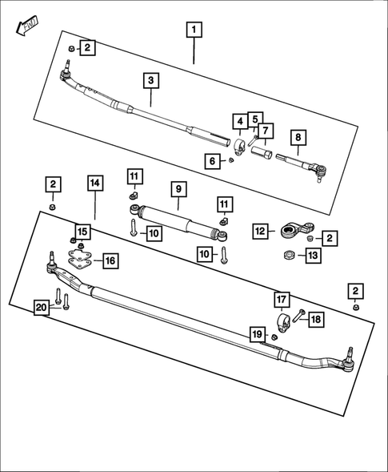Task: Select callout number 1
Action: pos(194,31)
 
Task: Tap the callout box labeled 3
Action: pos(151,80)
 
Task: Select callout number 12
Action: pos(260,232)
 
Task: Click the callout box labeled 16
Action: pos(109,260)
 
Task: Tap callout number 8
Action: pos(297,138)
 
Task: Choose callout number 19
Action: pos(257,333)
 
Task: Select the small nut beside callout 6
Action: pos(230,160)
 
